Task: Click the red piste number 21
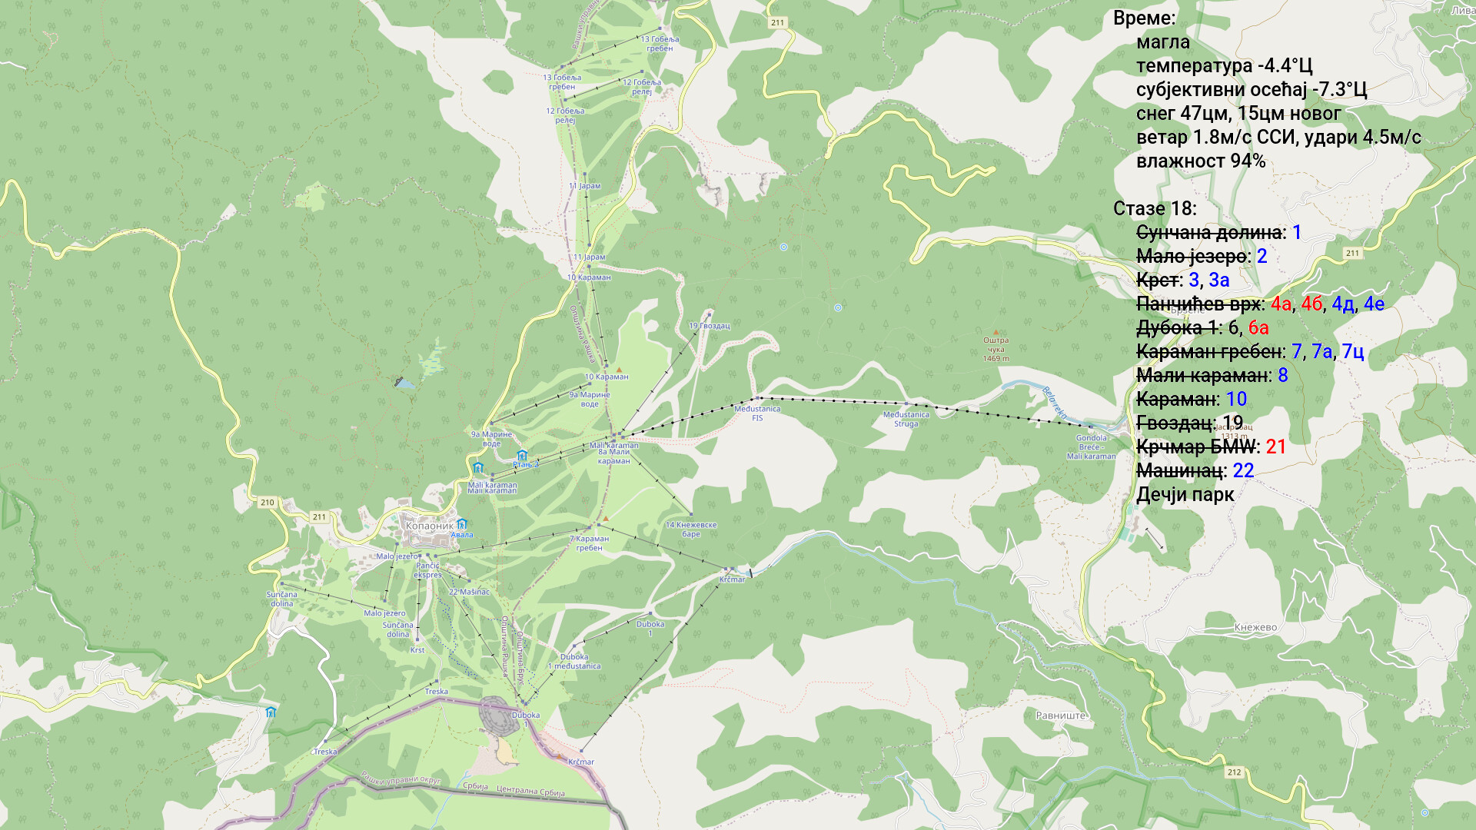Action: point(1275,447)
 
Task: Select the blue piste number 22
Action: point(1243,470)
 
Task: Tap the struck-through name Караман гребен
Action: point(1209,351)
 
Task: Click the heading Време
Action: point(1144,18)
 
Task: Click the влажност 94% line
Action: point(1200,161)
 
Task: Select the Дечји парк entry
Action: point(1185,494)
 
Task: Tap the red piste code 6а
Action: point(1258,327)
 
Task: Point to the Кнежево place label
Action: point(1255,627)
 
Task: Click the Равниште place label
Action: point(1061,715)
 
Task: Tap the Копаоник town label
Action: point(429,526)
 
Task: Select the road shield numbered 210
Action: point(267,502)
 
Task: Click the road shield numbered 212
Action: point(1234,772)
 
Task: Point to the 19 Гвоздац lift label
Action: point(709,326)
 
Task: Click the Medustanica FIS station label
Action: point(757,413)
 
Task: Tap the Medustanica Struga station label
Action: point(906,419)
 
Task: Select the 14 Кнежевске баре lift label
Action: point(690,529)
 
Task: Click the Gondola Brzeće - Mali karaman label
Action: point(1091,447)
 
